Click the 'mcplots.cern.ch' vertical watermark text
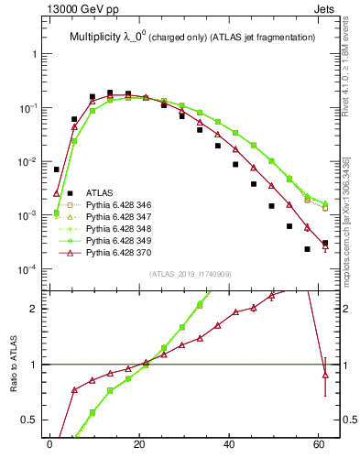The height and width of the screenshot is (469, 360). (x=347, y=211)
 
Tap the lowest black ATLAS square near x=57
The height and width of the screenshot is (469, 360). (x=307, y=249)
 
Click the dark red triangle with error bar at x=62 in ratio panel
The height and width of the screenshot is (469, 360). (x=325, y=375)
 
